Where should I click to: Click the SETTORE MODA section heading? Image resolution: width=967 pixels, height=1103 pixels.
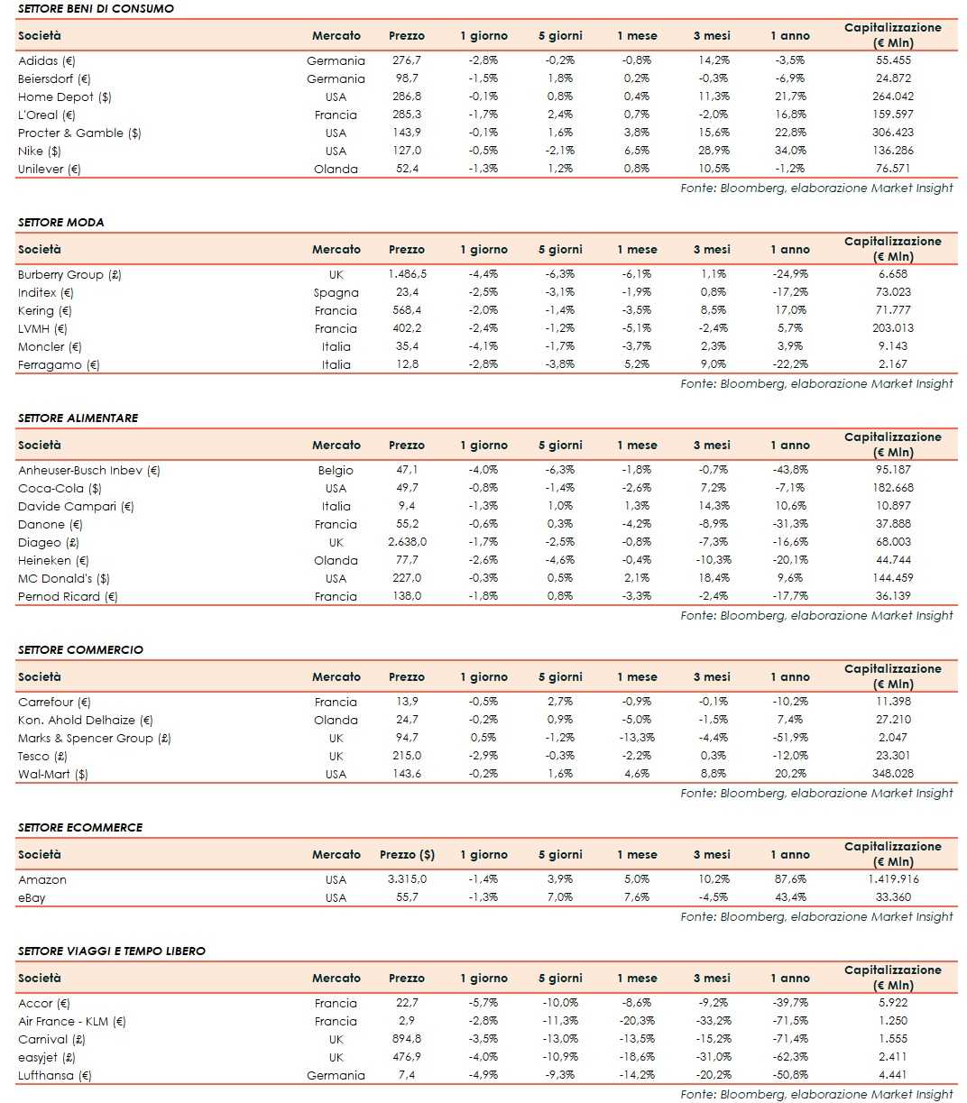(60, 222)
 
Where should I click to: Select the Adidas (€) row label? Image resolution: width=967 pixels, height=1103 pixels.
(47, 60)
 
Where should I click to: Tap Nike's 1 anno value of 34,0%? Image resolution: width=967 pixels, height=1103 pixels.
(789, 151)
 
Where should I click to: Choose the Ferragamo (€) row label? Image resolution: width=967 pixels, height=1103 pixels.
(59, 364)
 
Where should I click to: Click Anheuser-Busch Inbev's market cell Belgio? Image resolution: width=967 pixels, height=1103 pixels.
(336, 470)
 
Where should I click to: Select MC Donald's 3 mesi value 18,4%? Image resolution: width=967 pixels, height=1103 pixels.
(711, 578)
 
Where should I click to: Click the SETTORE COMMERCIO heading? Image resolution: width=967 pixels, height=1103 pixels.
(80, 649)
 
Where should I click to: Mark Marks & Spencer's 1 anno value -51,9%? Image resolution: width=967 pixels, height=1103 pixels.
(789, 738)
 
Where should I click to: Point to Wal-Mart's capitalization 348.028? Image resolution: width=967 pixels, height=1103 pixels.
(892, 774)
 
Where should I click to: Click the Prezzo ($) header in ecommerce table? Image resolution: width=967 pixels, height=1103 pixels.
(407, 854)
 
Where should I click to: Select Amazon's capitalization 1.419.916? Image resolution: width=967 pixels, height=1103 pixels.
(892, 879)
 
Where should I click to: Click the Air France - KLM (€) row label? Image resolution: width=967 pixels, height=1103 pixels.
(72, 1021)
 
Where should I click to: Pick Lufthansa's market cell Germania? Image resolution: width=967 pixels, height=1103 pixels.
(336, 1075)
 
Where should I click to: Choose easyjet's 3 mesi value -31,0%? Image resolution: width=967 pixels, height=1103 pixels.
(711, 1057)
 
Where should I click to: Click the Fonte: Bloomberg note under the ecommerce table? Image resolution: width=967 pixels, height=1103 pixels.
(816, 916)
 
